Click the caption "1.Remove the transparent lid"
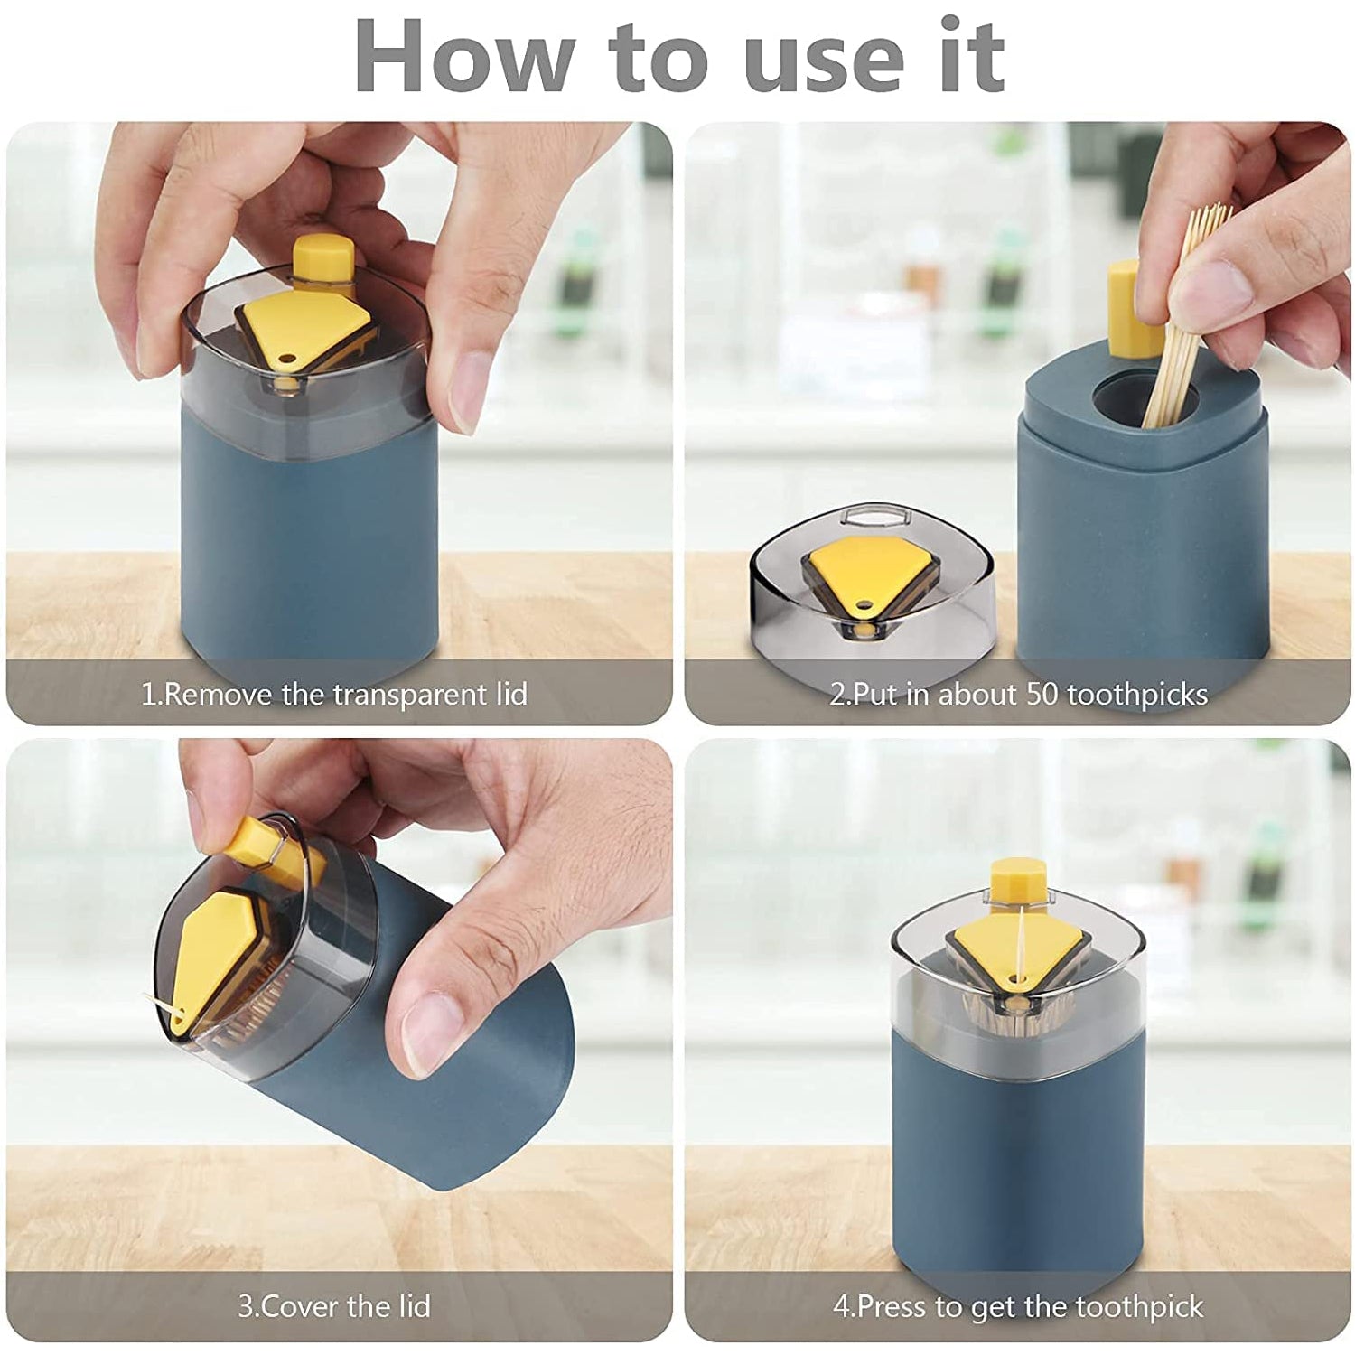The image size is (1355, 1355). click(334, 695)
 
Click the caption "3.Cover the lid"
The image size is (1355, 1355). click(334, 1306)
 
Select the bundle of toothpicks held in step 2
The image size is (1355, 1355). click(1183, 316)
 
